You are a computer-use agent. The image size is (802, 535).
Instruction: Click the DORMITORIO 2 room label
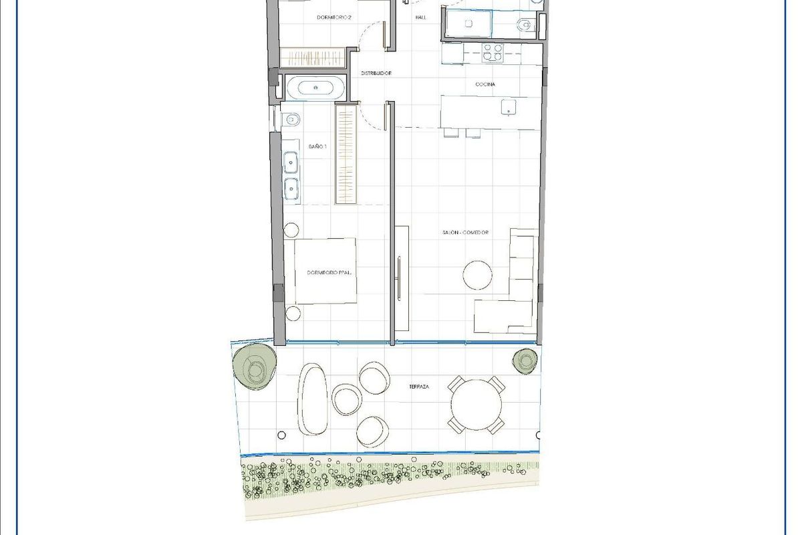point(334,18)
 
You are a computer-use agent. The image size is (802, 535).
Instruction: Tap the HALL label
point(420,18)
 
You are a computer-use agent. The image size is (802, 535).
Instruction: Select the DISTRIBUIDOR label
point(376,73)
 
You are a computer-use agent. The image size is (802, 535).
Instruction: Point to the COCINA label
point(485,84)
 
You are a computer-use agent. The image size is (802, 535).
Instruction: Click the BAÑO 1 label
point(317,146)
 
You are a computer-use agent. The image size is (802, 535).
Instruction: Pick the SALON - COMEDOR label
point(466,233)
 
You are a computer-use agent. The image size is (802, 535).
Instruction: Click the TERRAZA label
point(419,387)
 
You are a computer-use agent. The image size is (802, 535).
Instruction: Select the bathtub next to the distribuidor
point(315,87)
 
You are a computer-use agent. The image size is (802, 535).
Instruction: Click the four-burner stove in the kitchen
point(493,52)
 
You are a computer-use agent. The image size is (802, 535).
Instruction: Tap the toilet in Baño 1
point(290,120)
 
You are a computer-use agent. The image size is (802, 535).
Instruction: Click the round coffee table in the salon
point(479,274)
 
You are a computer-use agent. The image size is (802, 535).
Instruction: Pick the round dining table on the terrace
point(476,405)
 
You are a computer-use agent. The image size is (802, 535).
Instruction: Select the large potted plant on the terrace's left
point(254,366)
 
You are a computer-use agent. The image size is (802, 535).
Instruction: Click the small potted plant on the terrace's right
point(525,361)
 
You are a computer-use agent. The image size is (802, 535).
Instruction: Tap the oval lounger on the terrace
point(313,400)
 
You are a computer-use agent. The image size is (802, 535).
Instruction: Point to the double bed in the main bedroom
point(325,272)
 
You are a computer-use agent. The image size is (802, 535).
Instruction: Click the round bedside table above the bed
point(291,230)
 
